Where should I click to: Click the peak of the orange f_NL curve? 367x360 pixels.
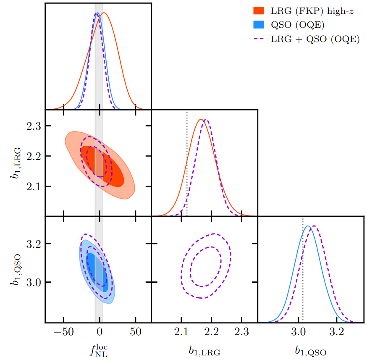(104, 13)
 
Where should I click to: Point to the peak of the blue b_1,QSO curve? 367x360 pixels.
(308, 226)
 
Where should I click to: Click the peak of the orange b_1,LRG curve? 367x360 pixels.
(201, 120)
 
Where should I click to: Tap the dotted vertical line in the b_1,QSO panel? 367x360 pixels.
(303, 273)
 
